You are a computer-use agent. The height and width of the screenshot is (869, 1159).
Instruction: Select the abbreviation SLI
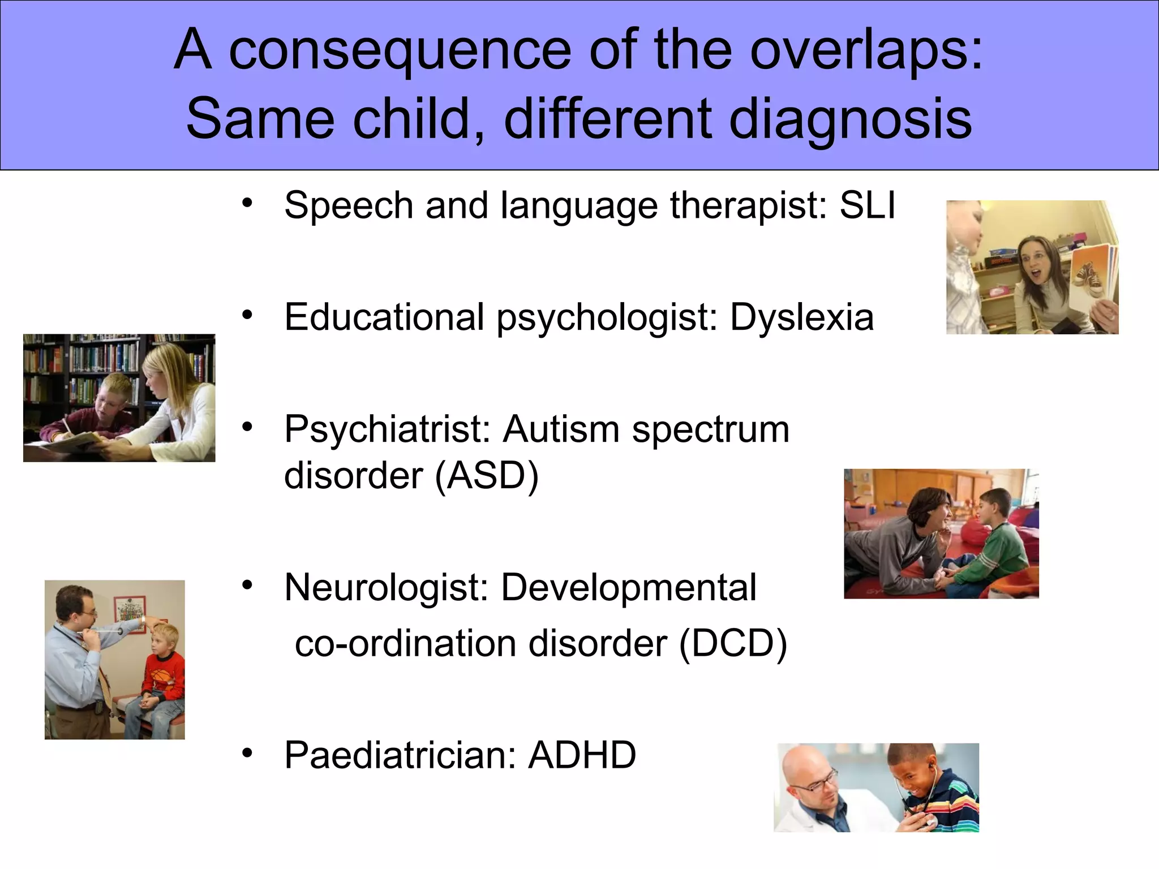tap(868, 205)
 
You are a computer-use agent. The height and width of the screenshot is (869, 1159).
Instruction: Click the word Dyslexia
tap(802, 317)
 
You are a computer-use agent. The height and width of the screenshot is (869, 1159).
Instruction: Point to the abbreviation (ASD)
tap(487, 475)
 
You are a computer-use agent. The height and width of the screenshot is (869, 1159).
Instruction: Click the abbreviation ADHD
tap(582, 755)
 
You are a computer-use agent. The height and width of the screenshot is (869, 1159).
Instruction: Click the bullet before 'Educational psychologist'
tap(247, 315)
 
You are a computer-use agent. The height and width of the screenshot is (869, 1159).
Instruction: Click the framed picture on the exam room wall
tap(130, 614)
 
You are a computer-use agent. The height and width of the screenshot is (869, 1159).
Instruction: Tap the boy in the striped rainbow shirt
tap(934, 792)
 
